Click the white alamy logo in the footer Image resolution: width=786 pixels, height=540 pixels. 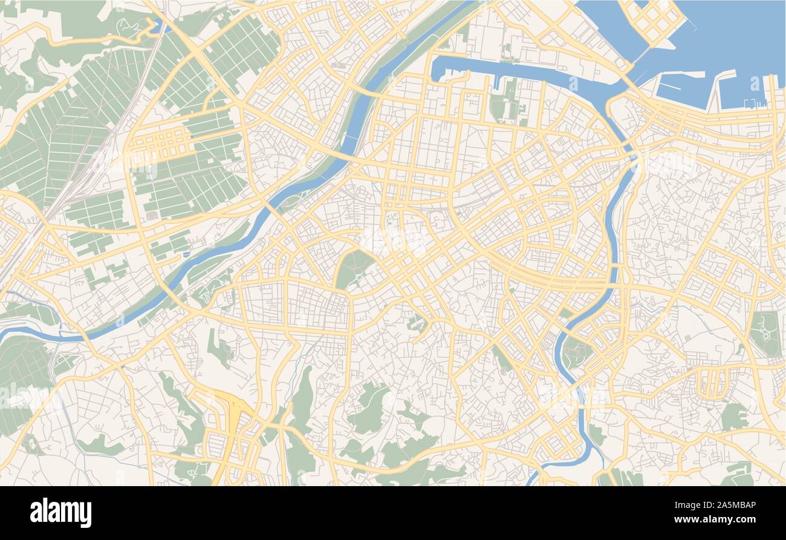(60, 513)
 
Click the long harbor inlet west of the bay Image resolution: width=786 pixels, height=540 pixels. (514, 71)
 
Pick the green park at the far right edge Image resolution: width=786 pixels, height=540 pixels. (765, 333)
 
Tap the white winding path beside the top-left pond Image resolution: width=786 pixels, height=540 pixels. (130, 27)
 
